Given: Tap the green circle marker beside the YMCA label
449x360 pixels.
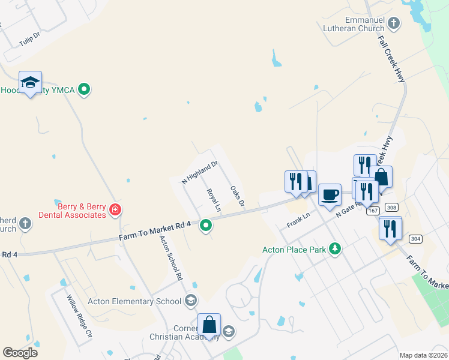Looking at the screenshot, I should click(85, 90).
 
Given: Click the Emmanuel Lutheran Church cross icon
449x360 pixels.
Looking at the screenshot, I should click(394, 24).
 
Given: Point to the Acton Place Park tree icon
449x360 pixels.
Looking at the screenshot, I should click(336, 249).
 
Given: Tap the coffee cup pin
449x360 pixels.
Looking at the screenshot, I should click(329, 195).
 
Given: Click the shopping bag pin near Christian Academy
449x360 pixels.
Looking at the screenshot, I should click(209, 325).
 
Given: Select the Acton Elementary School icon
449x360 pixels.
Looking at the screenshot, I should click(191, 301).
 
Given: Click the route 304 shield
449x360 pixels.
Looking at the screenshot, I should click(415, 239).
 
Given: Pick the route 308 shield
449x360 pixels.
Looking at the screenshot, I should click(392, 208).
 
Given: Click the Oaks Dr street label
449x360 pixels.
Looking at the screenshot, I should click(237, 196).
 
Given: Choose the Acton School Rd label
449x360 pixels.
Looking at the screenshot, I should click(170, 259).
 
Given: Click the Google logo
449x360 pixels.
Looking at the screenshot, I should click(20, 353).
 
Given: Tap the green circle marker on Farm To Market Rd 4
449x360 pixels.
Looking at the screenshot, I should click(206, 226).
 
